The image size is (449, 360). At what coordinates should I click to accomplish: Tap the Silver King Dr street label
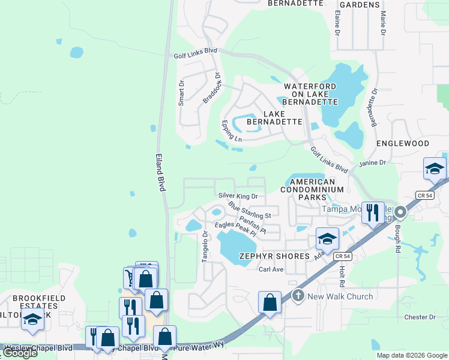(x=238, y=196)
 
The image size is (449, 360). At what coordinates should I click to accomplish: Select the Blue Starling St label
(x=250, y=210)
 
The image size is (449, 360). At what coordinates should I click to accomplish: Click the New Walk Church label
(x=340, y=296)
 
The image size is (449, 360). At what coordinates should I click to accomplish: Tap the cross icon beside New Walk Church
(x=298, y=296)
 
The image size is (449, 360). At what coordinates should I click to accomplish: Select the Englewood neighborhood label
(x=403, y=144)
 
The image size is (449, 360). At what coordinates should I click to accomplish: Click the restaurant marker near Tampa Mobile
(x=373, y=212)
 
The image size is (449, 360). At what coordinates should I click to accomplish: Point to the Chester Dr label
(x=420, y=317)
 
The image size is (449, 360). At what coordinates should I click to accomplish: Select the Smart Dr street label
(x=181, y=94)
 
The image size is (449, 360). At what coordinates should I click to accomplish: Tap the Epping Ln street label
(x=231, y=131)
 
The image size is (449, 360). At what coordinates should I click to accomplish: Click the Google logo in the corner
(x=20, y=353)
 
